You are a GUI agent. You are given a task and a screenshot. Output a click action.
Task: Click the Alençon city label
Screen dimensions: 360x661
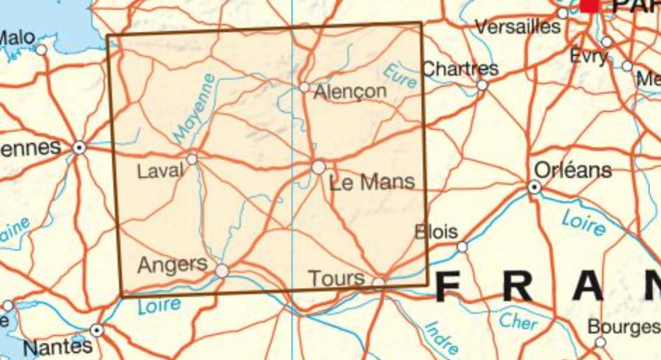[351, 92]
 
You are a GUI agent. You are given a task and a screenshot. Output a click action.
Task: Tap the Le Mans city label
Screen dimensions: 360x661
[372, 183]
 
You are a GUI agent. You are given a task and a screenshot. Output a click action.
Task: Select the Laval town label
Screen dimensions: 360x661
[160, 170]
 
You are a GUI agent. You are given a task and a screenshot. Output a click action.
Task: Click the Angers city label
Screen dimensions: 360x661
[173, 265]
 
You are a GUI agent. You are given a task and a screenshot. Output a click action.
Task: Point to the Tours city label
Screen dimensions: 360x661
[337, 279]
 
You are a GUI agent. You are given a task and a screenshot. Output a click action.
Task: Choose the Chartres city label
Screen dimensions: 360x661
[461, 69]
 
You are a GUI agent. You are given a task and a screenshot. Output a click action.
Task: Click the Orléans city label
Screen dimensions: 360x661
[572, 169]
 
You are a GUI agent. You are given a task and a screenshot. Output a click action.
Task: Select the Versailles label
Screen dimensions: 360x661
[518, 27]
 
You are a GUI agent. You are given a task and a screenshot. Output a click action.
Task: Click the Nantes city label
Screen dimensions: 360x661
[57, 346]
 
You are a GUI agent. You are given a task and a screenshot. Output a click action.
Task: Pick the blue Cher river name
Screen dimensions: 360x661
[517, 321]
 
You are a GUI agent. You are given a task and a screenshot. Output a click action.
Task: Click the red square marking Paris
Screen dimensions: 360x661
[590, 4]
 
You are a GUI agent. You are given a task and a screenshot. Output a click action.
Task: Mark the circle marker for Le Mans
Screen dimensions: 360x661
[319, 167]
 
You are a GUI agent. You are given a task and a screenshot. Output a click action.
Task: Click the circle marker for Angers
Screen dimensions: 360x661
[221, 270]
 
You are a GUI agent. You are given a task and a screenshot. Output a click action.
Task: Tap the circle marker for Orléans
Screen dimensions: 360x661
[534, 187]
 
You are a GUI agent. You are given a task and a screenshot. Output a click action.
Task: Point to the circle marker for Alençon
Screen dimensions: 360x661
[304, 87]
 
